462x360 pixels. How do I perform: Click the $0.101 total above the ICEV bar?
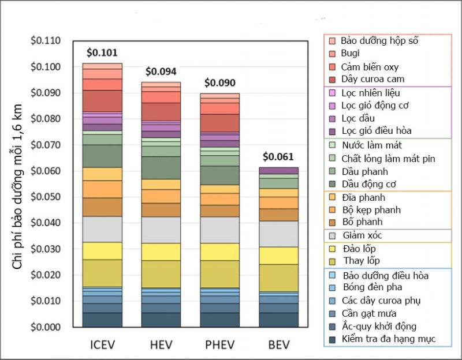[x=102, y=52]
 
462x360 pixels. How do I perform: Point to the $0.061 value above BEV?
[x=278, y=157]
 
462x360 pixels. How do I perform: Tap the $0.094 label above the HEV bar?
[x=161, y=72]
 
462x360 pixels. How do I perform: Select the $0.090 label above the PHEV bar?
[x=220, y=82]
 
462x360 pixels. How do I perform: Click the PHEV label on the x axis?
[x=220, y=344]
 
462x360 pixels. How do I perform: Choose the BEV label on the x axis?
[x=279, y=344]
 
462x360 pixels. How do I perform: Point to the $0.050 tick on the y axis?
[x=46, y=197]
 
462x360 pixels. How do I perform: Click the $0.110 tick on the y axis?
[x=46, y=40]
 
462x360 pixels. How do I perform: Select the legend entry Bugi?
[x=350, y=53]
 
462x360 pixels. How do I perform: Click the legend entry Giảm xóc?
[x=363, y=235]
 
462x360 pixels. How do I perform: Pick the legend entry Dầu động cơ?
[x=368, y=184]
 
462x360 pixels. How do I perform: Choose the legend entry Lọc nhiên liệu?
[x=371, y=93]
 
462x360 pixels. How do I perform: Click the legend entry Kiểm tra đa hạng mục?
[x=389, y=339]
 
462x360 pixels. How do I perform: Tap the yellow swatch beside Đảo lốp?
[x=332, y=249]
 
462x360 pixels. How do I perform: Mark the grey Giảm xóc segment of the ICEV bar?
[x=102, y=229]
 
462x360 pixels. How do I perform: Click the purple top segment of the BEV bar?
[x=279, y=171]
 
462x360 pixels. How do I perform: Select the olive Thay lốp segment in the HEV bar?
[x=161, y=274]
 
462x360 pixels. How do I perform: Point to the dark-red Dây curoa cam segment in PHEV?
[x=220, y=123]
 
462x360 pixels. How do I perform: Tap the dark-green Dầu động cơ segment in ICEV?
[x=102, y=156]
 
